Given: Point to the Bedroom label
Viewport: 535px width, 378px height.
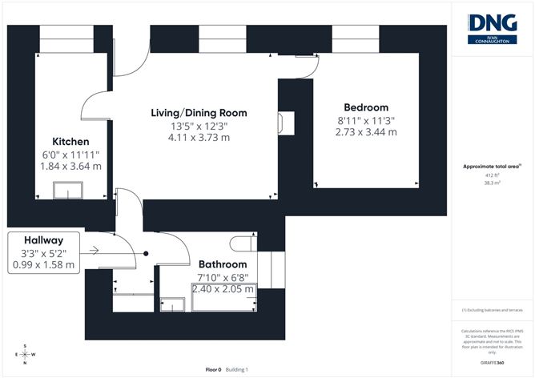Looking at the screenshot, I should pos(366,107).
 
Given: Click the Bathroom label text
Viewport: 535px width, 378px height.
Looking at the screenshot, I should pos(223,264).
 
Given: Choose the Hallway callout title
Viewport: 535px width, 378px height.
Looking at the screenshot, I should pos(44,239).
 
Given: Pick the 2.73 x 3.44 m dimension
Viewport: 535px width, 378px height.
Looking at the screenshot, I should pos(366,132).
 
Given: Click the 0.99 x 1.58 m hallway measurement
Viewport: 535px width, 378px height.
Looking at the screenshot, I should pos(44,264).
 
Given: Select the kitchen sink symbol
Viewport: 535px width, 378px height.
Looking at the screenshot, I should pos(67,189).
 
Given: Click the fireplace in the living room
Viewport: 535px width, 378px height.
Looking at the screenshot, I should pos(286,122).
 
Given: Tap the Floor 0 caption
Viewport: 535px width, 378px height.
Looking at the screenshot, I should pos(213,369).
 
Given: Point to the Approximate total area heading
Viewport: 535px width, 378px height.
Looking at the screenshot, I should pos(492,167).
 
